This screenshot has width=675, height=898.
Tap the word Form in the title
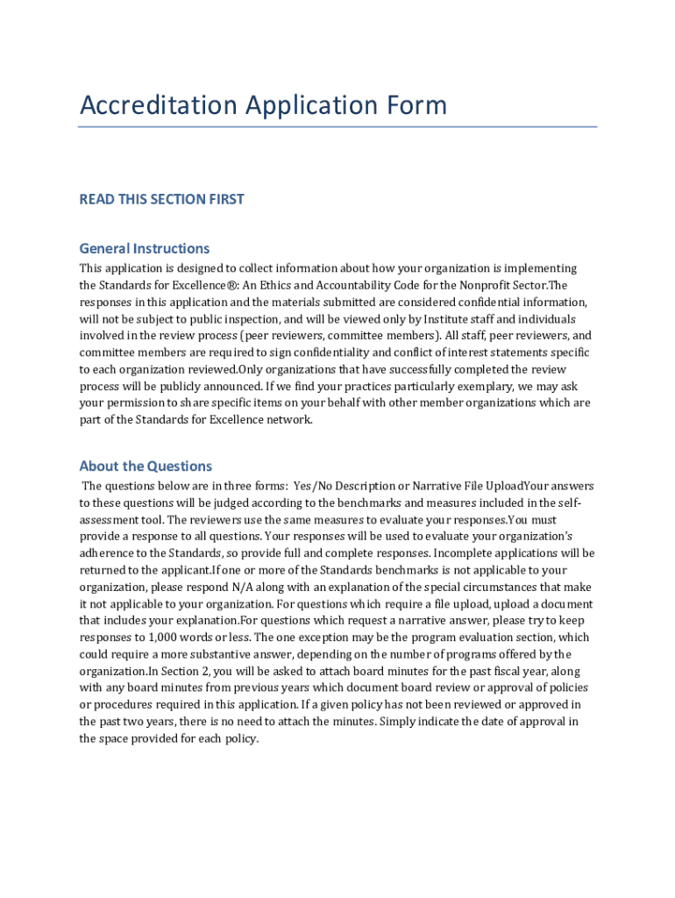click(x=415, y=105)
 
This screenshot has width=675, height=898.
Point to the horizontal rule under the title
click(x=337, y=127)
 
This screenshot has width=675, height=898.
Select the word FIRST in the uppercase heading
click(x=224, y=199)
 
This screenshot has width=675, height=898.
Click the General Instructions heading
click(x=145, y=248)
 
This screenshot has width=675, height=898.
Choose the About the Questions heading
click(x=146, y=466)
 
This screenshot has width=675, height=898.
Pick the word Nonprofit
click(x=477, y=285)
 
